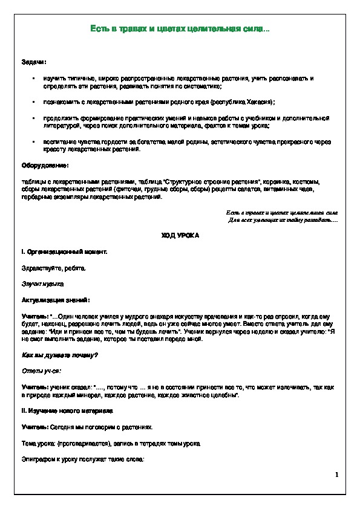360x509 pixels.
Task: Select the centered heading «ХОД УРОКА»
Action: (179, 235)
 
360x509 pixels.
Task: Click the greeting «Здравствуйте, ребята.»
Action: (54, 267)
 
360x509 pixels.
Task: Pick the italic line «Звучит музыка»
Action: (42, 283)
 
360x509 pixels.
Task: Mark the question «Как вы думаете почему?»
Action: (60, 355)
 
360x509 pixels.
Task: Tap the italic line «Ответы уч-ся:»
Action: (42, 371)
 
